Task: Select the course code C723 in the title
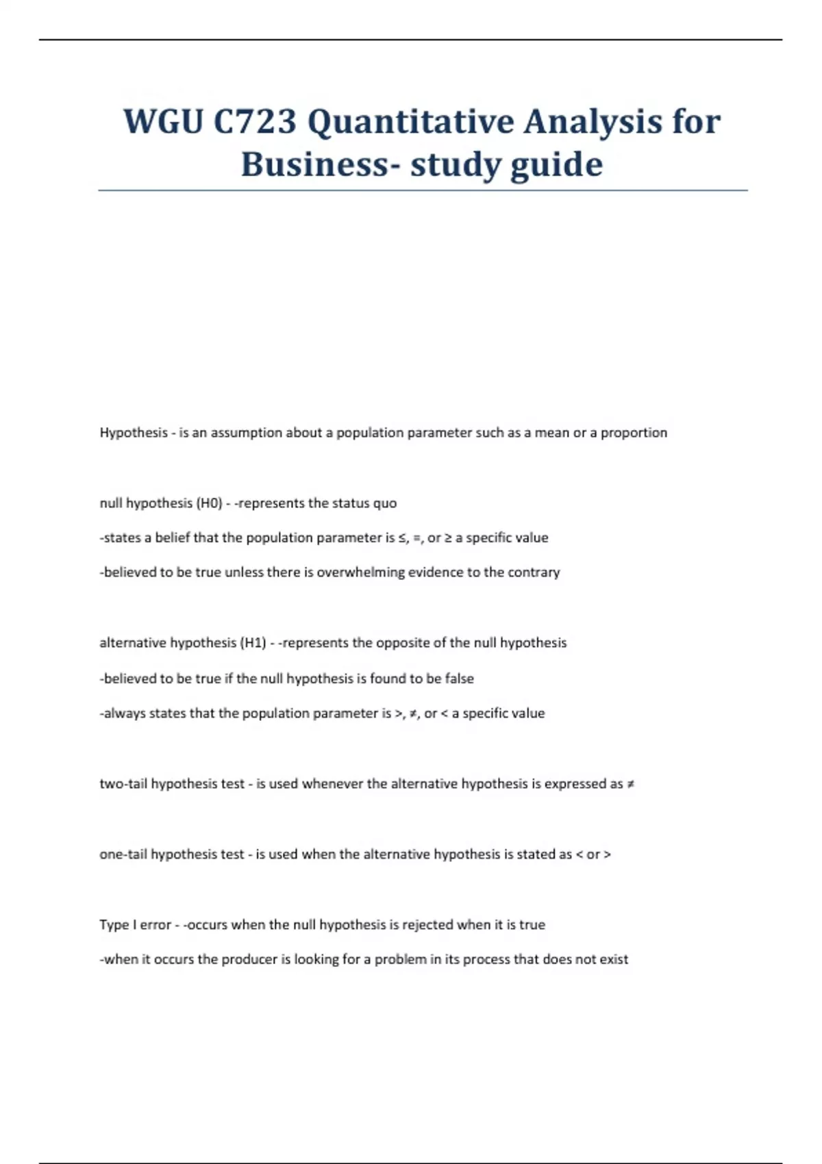coord(255,122)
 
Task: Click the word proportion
coord(634,433)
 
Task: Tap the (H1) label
coord(253,643)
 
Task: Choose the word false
coord(459,679)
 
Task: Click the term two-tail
coord(123,784)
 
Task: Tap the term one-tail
coord(123,855)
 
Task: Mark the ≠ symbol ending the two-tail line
coord(630,784)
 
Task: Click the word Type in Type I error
coord(114,925)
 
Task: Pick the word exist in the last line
coord(614,960)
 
